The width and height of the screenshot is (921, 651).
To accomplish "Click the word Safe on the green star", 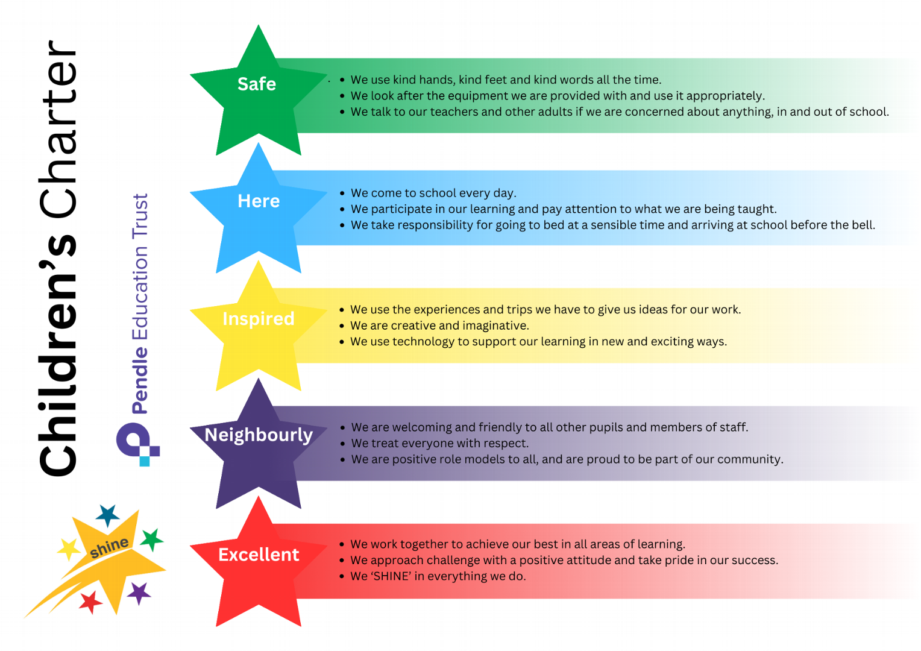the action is [x=257, y=84].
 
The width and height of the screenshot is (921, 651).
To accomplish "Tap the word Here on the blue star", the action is [x=259, y=201].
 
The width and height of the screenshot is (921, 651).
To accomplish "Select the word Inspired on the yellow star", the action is [x=259, y=319].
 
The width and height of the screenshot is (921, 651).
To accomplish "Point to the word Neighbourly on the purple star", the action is [x=259, y=436].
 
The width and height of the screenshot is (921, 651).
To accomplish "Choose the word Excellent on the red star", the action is [x=259, y=555].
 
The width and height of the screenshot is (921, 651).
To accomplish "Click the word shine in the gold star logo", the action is [x=109, y=547].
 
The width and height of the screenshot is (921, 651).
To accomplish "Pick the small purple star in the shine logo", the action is [x=139, y=593].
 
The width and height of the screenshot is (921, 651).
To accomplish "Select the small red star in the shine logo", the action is [x=90, y=602].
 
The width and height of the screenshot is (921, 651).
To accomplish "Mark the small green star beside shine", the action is [x=152, y=539].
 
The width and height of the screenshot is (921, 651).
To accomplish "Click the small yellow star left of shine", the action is [x=68, y=549].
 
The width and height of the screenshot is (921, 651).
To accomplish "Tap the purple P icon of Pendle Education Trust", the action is [x=137, y=444].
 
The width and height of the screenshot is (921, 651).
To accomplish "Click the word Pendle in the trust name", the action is [x=140, y=380].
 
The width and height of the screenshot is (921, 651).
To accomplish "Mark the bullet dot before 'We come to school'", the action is [x=342, y=193].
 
